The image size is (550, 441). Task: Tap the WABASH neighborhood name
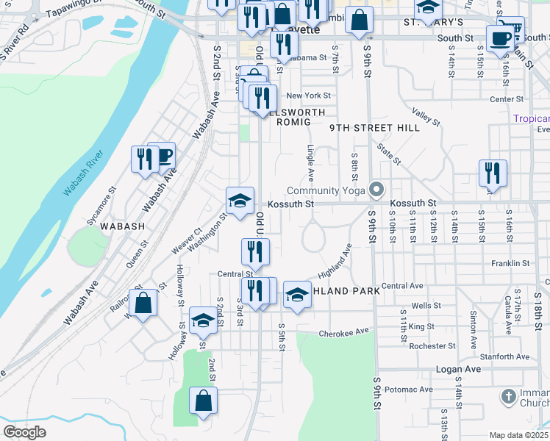pyautogui.click(x=123, y=226)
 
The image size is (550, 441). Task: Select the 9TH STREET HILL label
pyautogui.click(x=374, y=128)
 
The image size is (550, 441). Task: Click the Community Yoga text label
pyautogui.click(x=331, y=190)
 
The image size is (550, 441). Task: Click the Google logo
pyautogui.click(x=24, y=432)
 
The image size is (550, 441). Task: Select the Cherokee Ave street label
pyautogui.click(x=343, y=333)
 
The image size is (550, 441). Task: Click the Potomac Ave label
pyautogui.click(x=408, y=389)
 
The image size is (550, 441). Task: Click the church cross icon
pyautogui.click(x=507, y=398)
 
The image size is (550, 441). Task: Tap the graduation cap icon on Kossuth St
pyautogui.click(x=240, y=200)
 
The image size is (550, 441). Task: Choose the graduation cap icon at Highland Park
pyautogui.click(x=297, y=295)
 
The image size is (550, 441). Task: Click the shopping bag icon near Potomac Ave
pyautogui.click(x=204, y=401)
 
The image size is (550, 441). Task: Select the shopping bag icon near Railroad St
pyautogui.click(x=143, y=302)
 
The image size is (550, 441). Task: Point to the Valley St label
pyautogui.click(x=425, y=115)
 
